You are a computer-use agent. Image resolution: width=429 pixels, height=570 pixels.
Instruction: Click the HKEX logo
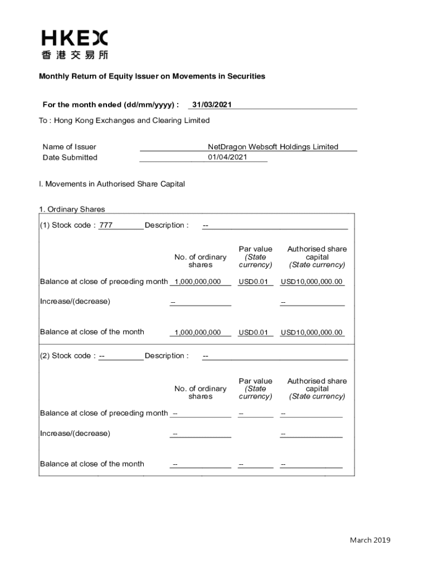click(x=74, y=38)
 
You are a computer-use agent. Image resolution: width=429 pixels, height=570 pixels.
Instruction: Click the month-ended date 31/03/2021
click(x=212, y=105)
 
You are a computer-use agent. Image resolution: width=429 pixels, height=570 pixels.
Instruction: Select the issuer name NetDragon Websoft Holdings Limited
click(x=273, y=147)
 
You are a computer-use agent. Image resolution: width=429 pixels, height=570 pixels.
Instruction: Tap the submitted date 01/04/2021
click(x=227, y=157)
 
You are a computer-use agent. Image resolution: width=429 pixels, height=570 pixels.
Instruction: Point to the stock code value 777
click(x=106, y=225)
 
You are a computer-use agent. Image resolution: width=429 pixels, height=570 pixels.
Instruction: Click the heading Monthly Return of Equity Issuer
click(x=152, y=76)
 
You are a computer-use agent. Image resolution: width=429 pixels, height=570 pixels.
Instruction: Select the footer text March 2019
click(x=370, y=540)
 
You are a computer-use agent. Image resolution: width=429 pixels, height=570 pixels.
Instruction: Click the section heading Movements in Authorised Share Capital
click(x=112, y=184)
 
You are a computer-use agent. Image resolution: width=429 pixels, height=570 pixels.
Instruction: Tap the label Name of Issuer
click(x=69, y=147)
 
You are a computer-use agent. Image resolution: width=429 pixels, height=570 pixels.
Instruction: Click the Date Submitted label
click(x=70, y=158)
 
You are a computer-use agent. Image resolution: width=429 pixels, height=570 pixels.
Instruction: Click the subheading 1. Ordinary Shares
click(x=72, y=209)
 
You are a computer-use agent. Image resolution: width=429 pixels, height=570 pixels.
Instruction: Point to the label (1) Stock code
click(x=67, y=225)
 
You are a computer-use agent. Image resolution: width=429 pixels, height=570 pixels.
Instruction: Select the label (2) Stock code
click(x=67, y=356)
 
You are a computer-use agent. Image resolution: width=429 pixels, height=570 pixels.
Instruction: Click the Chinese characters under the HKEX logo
click(x=74, y=55)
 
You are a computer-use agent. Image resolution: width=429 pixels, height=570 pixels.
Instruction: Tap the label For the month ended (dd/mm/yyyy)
click(x=111, y=105)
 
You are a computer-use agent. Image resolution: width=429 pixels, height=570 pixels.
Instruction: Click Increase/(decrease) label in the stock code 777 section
click(x=75, y=302)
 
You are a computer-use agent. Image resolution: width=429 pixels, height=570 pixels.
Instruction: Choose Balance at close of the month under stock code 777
click(x=92, y=332)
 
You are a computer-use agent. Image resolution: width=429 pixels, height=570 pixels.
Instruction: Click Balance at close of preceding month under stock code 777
click(x=104, y=282)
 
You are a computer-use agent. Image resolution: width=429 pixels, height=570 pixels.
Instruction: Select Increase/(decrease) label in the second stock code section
click(x=75, y=433)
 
